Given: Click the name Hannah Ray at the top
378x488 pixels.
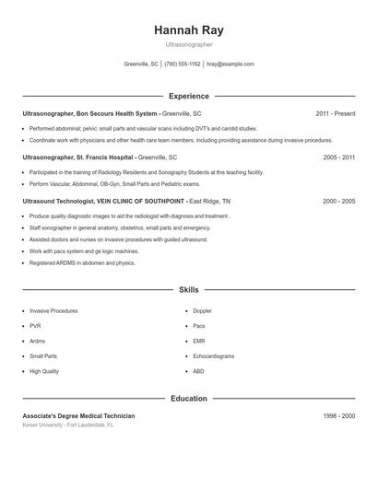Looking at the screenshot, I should coord(188,29).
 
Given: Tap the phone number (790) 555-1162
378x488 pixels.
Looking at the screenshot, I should coord(182,64).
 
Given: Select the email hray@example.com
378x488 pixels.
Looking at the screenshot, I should coord(230,64).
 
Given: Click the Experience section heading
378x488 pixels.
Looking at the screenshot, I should coord(188,96).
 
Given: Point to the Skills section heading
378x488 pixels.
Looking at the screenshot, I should coord(188,289).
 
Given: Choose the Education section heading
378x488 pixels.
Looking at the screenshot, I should coord(188,399).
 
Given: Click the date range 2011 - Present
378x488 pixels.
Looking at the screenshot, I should coord(335,113).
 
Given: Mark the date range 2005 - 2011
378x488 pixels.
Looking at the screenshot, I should coord(338,157).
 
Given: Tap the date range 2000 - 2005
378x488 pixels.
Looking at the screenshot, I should coord(338,201).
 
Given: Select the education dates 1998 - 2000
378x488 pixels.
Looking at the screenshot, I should coord(338,416).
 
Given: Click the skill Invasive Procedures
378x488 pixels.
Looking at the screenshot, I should coord(53,311).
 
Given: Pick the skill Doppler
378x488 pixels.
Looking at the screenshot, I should coord(202,311).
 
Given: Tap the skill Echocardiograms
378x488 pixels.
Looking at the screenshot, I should coord(213,355).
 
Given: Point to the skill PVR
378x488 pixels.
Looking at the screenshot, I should coord(35,326).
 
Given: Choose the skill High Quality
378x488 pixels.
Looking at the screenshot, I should coord(43,371).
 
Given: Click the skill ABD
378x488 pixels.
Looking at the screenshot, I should coord(198,371).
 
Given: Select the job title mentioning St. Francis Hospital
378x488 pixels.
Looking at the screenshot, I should coord(100,157).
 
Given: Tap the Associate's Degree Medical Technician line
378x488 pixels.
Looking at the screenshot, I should coord(78,416).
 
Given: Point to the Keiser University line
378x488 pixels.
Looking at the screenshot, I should coord(68,426).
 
